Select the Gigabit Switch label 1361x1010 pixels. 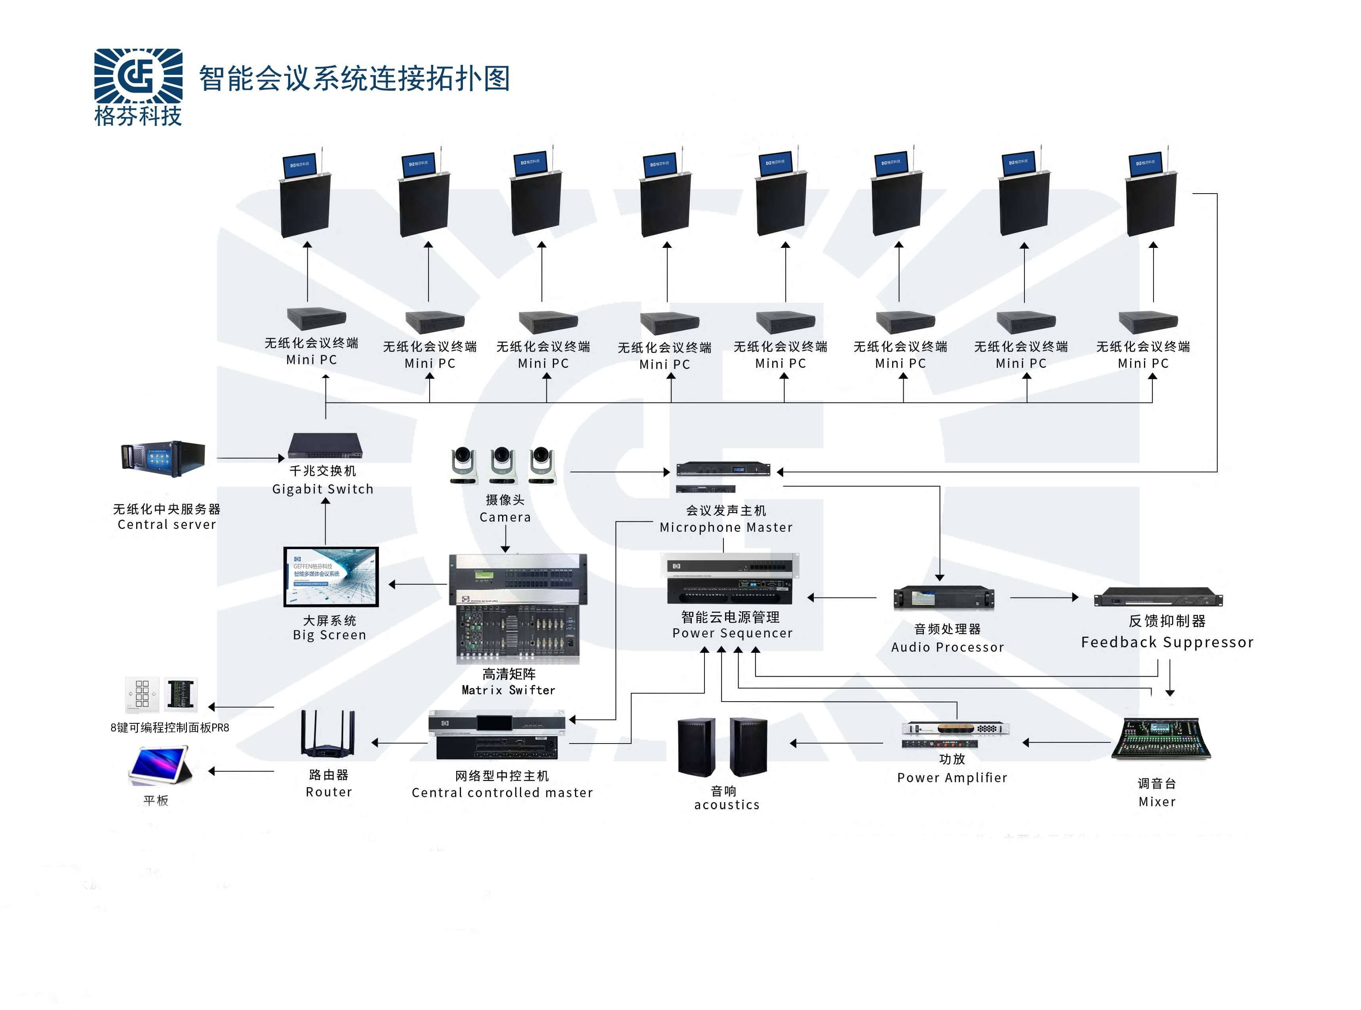pyautogui.click(x=322, y=489)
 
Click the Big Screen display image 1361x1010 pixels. pyautogui.click(x=331, y=576)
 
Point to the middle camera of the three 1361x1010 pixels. pyautogui.click(x=503, y=465)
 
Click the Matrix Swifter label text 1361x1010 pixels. pyautogui.click(x=508, y=690)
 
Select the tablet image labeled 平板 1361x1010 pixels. pyautogui.click(x=160, y=765)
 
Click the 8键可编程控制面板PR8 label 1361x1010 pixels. pyautogui.click(x=169, y=728)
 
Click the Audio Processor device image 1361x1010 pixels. pyautogui.click(x=943, y=598)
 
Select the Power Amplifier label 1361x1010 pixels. pyautogui.click(x=952, y=778)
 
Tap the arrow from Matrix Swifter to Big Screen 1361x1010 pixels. pyautogui.click(x=418, y=584)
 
